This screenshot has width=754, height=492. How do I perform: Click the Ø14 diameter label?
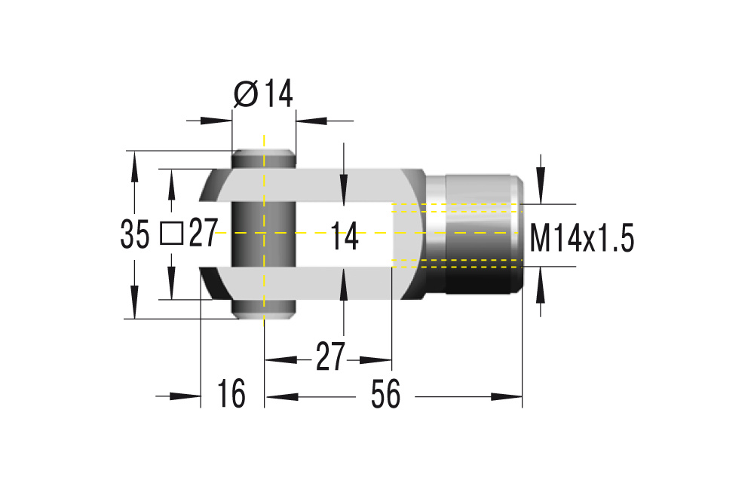(262, 94)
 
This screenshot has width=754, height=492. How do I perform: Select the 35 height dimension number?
(135, 235)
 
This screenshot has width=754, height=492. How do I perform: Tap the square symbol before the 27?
(172, 234)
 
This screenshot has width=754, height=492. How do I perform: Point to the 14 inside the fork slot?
(344, 238)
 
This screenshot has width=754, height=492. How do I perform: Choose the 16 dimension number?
(232, 395)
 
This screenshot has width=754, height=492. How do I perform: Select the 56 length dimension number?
(385, 395)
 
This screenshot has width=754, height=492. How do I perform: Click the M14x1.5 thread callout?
(581, 240)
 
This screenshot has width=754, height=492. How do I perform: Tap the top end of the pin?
(263, 159)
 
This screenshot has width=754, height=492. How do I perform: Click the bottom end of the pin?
(263, 310)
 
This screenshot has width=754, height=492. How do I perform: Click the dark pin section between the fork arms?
(249, 234)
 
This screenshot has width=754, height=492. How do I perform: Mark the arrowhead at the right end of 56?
(513, 396)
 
